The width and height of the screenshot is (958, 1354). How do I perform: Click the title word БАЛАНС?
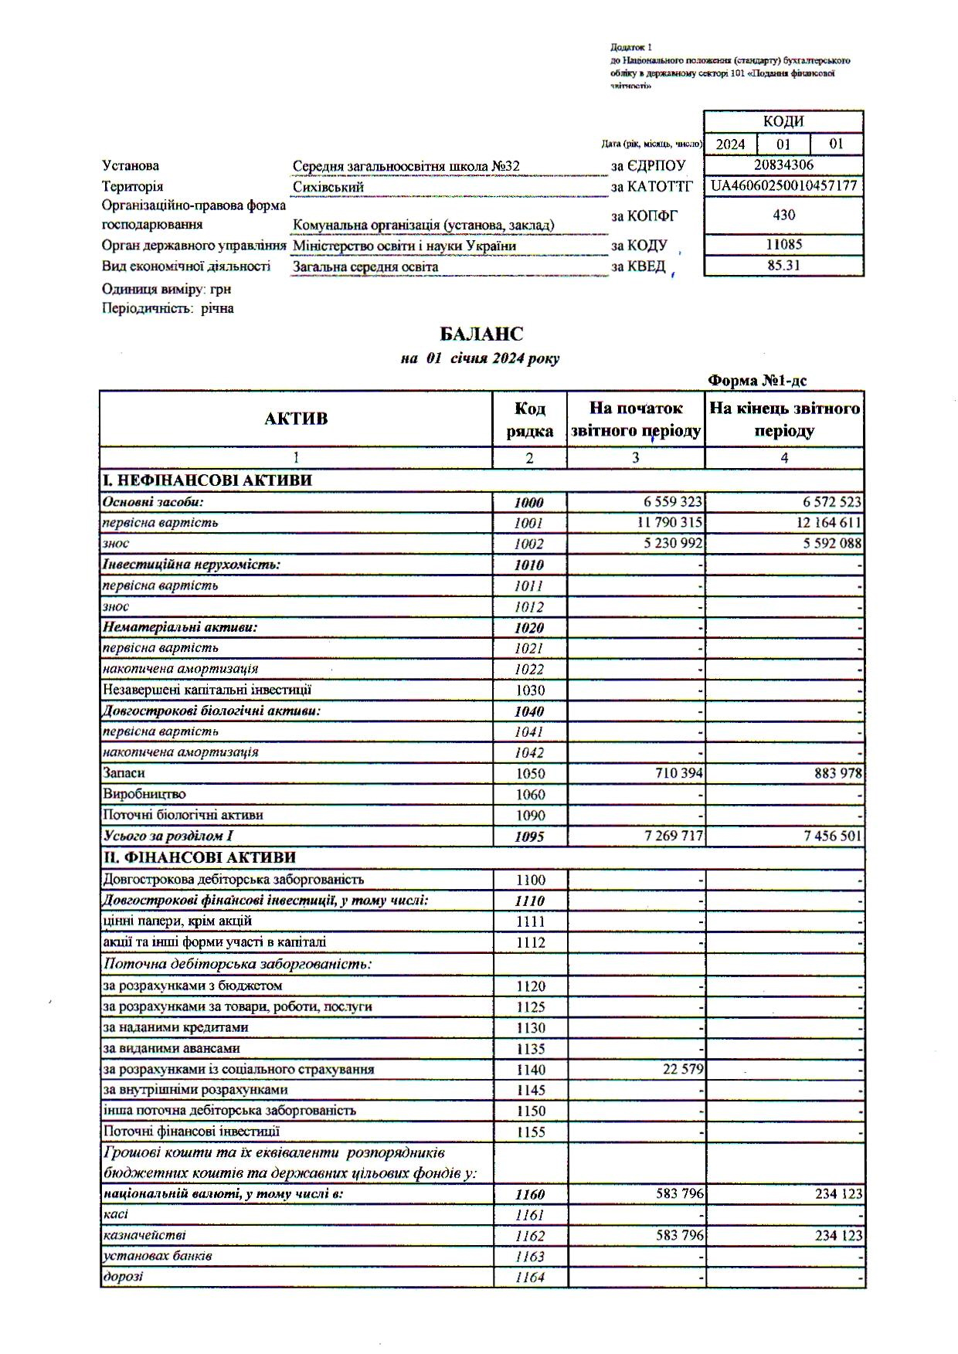481,334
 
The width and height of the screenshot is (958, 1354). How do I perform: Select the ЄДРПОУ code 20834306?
783,165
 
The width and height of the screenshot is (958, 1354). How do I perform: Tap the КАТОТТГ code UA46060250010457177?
783,186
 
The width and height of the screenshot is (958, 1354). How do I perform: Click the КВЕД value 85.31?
783,266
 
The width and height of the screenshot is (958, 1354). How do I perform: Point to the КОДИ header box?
783,122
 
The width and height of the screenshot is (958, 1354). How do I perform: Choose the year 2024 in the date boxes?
730,144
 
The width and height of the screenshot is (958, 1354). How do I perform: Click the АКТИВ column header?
296,419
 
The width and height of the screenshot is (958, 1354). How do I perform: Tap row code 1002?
529,544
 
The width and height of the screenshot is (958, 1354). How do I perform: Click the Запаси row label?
124,772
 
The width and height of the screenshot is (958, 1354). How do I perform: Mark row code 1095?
529,836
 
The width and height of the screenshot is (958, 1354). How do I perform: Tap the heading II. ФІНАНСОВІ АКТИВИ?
199,857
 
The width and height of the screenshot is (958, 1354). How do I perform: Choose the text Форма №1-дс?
757,381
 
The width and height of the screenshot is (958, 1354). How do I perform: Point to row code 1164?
529,1278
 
